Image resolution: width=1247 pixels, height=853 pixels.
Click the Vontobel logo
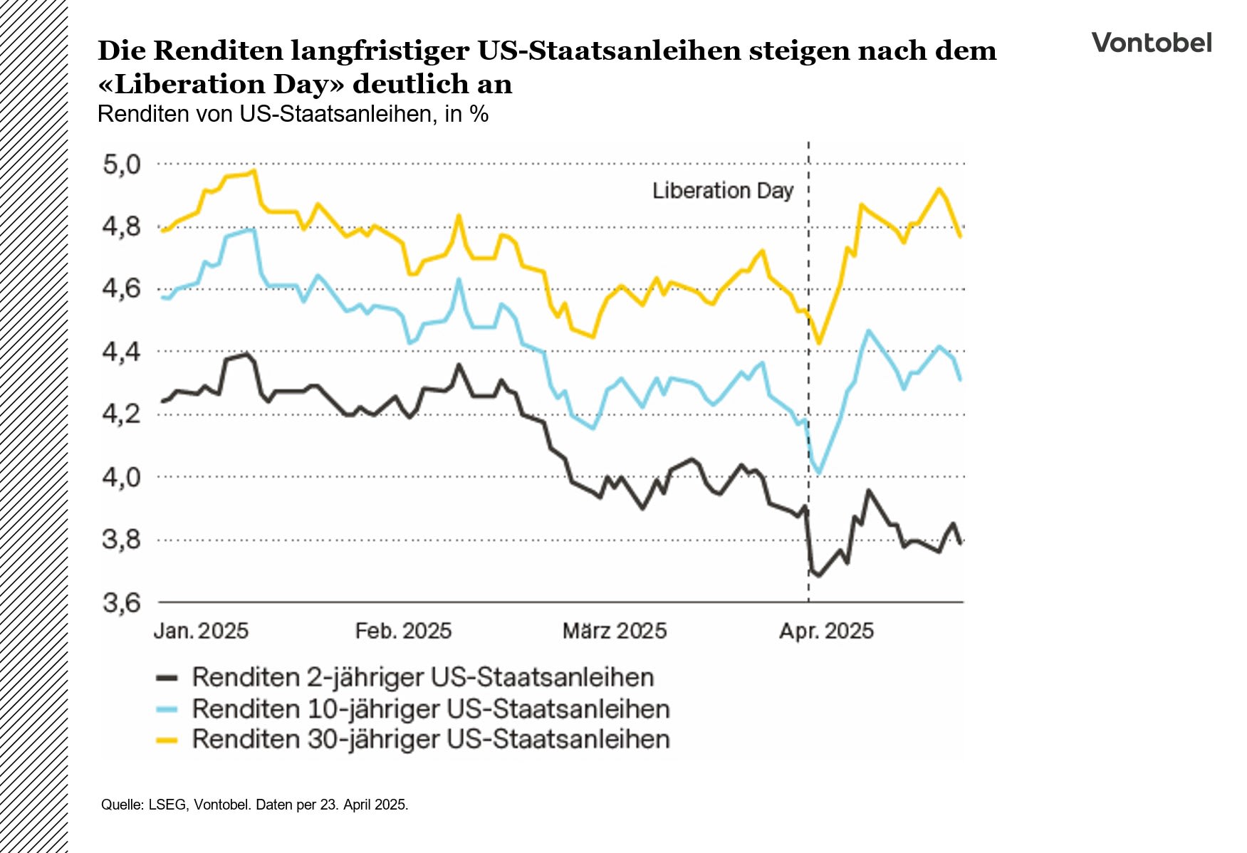pos(1151,43)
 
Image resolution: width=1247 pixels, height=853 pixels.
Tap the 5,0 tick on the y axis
pos(122,164)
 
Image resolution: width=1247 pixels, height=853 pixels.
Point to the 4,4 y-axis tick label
pos(122,352)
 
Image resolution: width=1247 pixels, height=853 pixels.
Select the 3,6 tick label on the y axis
pos(122,603)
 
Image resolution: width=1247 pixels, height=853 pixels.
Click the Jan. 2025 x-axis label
pos(201,631)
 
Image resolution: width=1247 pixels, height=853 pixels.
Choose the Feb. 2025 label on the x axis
pos(403,631)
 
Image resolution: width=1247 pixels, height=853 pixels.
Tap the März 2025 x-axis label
pos(615,631)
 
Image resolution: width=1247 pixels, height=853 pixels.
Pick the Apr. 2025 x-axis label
pos(826,631)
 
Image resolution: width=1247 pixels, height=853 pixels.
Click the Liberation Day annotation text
pos(722,191)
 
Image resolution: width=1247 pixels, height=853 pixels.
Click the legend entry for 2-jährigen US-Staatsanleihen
pos(422,677)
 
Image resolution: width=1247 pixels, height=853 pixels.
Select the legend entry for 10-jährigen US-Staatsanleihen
pos(430,709)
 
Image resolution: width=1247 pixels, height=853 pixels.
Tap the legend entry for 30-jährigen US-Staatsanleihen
pos(430,739)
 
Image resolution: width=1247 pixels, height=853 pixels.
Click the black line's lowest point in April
pos(818,575)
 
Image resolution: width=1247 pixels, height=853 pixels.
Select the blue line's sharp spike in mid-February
pos(459,279)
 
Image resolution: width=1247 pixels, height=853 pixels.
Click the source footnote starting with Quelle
pos(254,805)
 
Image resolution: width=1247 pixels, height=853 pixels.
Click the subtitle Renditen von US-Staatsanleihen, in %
pos(293,114)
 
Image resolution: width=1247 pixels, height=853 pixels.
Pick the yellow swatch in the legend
pos(167,741)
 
